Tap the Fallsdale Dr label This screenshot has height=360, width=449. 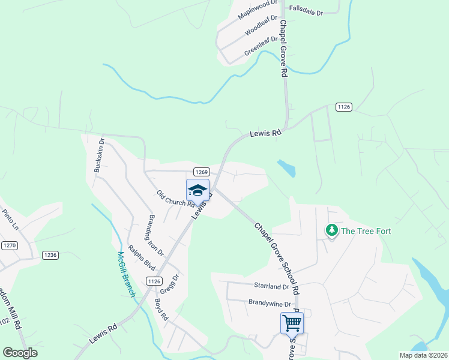click(x=306, y=11)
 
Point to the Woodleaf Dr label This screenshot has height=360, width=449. click(x=261, y=27)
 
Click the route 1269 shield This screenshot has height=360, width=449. click(x=200, y=171)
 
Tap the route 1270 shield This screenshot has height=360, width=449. click(x=9, y=245)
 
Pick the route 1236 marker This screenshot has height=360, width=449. click(x=50, y=255)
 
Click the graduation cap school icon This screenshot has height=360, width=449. click(x=197, y=190)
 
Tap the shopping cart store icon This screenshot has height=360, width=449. click(x=292, y=323)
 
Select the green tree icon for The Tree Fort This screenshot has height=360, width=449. click(x=331, y=230)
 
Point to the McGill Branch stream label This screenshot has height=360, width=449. click(x=127, y=275)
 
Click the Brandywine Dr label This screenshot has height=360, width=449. click(x=270, y=303)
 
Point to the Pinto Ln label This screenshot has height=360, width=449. click(x=10, y=219)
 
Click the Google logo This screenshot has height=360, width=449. click(x=20, y=353)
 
